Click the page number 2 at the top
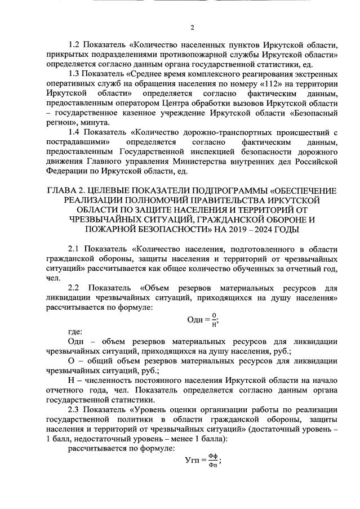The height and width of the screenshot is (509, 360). [193, 27]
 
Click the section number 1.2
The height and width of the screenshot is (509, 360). [75, 44]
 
